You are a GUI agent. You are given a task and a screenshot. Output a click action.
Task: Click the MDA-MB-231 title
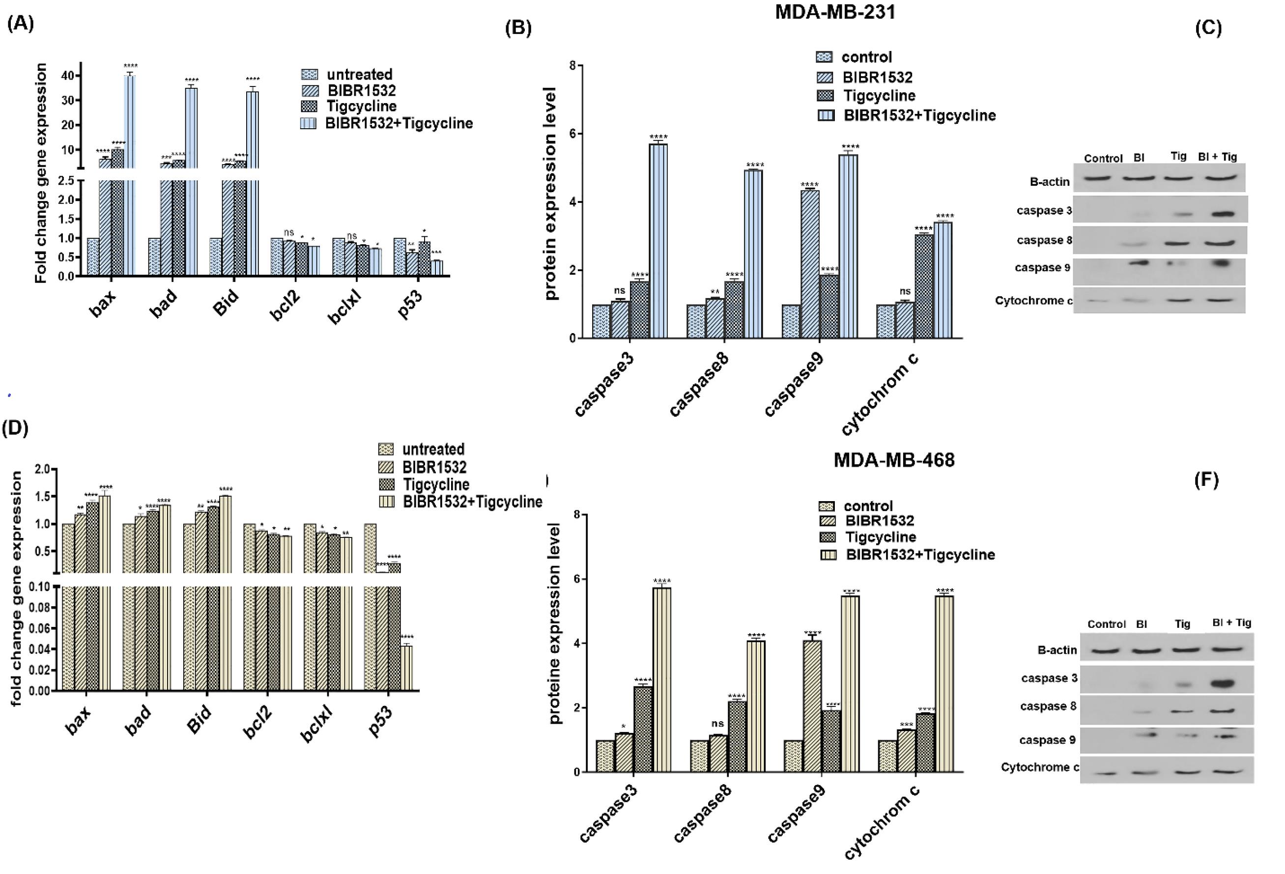coord(835,12)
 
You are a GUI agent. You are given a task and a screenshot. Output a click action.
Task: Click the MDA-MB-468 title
coord(893,460)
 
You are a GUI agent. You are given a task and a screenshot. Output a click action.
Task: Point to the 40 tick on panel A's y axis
coord(68,76)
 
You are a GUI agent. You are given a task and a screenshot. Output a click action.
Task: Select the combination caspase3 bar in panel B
coord(658,240)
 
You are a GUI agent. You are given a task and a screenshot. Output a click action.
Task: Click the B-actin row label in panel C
coord(1050,182)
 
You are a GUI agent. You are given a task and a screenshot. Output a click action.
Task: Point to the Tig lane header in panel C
coord(1178,156)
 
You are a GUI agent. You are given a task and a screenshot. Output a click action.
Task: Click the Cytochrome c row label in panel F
coord(1039,767)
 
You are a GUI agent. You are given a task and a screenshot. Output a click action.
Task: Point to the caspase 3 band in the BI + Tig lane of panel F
coord(1223,684)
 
